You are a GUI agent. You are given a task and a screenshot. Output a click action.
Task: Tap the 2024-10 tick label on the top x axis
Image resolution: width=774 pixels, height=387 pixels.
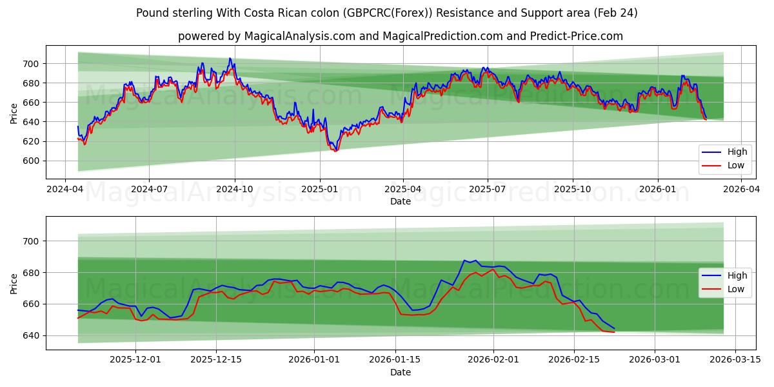tap(234, 189)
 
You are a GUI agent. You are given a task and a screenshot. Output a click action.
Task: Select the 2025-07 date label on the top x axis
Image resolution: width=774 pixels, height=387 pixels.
tap(487, 189)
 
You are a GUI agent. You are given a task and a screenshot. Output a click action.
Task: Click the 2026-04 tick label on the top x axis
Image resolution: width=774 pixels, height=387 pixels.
tap(740, 189)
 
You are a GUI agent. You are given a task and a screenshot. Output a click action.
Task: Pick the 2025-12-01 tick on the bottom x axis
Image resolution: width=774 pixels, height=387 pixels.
tap(135, 360)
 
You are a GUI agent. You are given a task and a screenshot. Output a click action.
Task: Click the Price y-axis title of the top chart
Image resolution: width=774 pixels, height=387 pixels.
tap(14, 114)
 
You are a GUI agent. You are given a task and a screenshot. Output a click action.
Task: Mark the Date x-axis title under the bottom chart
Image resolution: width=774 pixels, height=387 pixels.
tap(401, 372)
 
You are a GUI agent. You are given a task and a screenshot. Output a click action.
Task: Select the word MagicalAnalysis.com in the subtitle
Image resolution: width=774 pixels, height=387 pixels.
tap(299, 36)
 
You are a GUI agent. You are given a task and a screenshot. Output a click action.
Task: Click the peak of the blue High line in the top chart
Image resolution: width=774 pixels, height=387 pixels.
tap(230, 59)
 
